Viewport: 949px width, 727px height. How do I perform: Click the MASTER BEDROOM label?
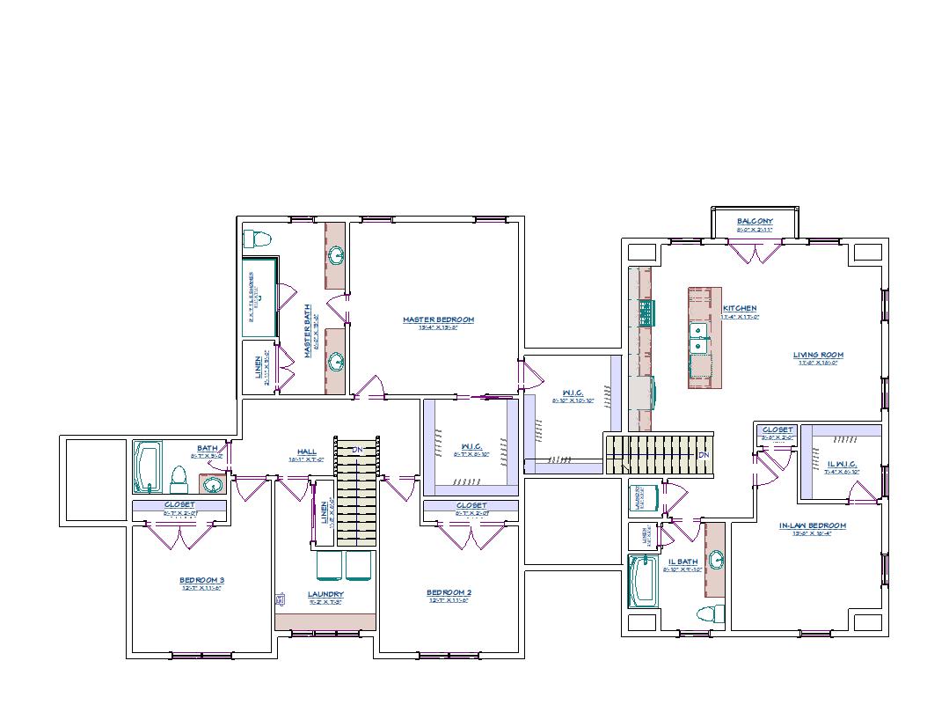tap(438, 319)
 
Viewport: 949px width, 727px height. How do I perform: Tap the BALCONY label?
tap(755, 222)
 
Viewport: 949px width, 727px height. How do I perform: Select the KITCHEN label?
tap(740, 309)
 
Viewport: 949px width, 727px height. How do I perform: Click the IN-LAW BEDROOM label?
tap(812, 526)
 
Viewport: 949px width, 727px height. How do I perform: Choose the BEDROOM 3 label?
tap(201, 580)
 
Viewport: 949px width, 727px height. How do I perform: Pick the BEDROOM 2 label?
tap(449, 592)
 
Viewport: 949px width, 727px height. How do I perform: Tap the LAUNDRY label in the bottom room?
tap(325, 595)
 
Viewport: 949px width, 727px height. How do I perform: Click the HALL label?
tap(306, 452)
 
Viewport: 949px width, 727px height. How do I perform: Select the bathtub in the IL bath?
tap(643, 582)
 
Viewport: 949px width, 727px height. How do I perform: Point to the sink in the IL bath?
tap(717, 559)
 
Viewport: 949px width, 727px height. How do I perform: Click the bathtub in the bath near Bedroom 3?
tap(147, 466)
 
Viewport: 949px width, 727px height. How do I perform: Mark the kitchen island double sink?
tap(700, 338)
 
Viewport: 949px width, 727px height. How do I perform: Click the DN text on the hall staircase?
tap(357, 451)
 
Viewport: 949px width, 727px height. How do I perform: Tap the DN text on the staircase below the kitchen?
tap(703, 455)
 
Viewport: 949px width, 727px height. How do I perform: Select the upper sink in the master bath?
tap(336, 256)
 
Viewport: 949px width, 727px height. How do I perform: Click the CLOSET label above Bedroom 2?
tap(471, 506)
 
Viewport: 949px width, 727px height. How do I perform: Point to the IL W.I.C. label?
tap(842, 464)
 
